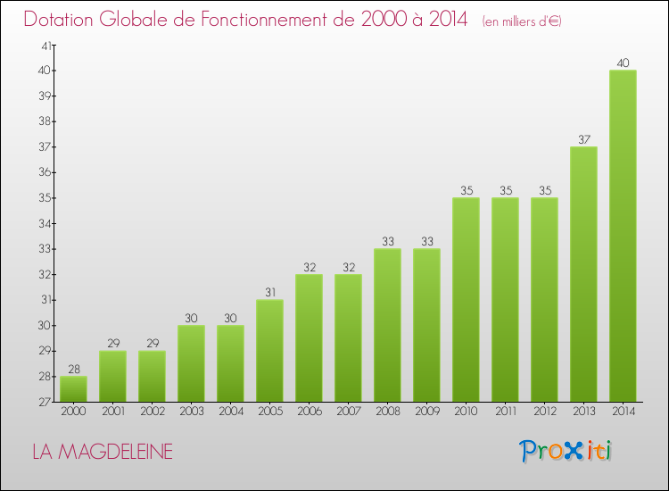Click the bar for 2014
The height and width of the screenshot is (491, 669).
tap(623, 236)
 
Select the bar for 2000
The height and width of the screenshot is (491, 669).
tap(73, 389)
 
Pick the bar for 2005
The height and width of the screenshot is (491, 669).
tap(269, 351)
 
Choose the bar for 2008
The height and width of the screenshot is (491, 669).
tap(387, 325)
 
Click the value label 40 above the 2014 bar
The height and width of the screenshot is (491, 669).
tap(623, 63)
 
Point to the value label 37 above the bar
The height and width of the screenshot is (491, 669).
tap(583, 140)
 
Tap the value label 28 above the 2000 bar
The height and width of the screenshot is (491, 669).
tap(73, 370)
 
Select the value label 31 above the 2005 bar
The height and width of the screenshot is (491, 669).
tap(269, 293)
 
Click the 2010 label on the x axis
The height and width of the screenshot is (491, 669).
tap(466, 412)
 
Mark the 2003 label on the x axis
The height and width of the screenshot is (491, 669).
tap(191, 412)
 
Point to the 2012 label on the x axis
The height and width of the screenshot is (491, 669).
tap(544, 412)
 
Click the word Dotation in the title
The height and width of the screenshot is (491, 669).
tap(62, 20)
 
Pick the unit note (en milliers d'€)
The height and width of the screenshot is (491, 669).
tap(521, 21)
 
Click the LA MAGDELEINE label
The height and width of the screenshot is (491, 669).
tap(102, 452)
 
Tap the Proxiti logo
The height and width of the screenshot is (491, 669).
tap(566, 451)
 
